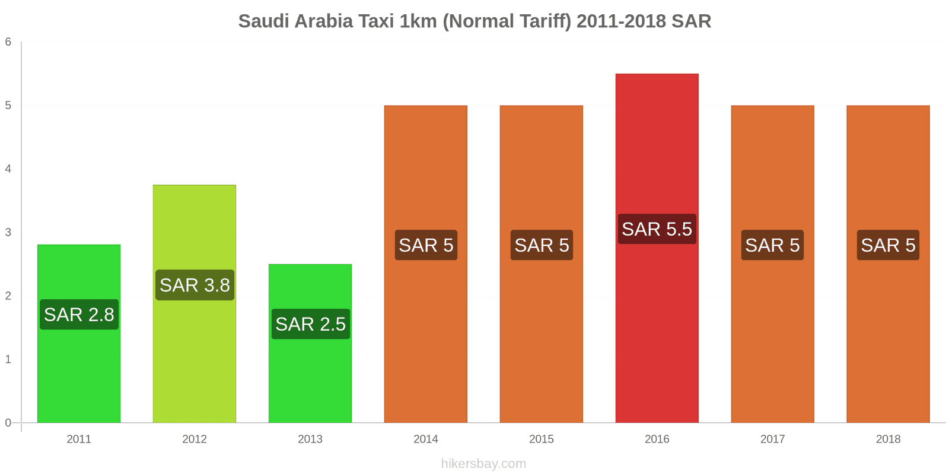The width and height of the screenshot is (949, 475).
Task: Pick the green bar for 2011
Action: click(79, 374)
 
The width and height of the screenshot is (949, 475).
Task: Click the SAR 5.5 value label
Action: click(657, 229)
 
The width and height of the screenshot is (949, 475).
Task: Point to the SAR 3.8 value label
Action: click(195, 285)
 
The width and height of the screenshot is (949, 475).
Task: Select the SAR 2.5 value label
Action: click(310, 324)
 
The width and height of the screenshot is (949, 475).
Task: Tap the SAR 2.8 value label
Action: click(79, 315)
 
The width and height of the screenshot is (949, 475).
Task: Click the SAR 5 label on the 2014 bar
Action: click(426, 245)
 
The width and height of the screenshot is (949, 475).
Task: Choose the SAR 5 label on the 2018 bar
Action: click(888, 245)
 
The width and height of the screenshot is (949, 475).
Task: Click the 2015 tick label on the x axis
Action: click(541, 439)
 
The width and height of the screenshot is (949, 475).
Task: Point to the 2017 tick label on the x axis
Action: click(772, 439)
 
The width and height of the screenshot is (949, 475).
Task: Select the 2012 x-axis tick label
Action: click(195, 439)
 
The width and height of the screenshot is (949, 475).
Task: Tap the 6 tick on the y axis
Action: click(8, 42)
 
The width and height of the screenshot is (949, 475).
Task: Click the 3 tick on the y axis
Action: click(8, 232)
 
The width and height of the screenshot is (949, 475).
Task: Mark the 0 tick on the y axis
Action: click(8, 423)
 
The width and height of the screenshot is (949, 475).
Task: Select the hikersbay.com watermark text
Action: click(483, 464)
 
